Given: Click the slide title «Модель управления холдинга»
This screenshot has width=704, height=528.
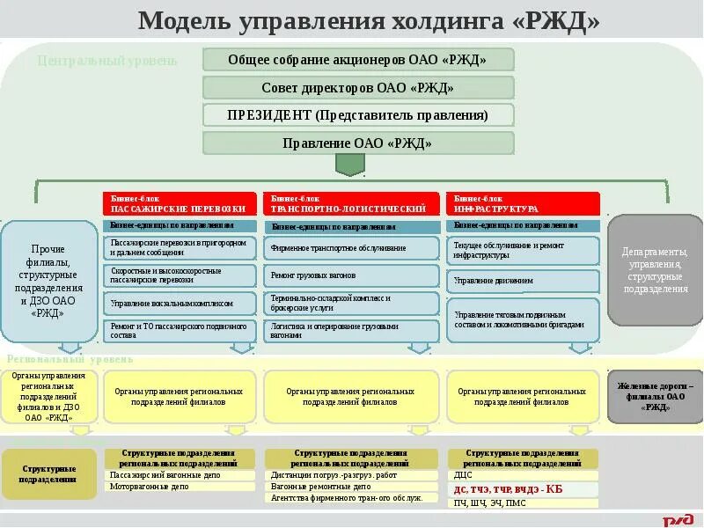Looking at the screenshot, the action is pos(369,20).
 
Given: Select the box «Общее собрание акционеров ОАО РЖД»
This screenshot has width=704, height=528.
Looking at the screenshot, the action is pos(357,60).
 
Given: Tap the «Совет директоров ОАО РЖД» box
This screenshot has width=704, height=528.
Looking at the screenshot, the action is pos(357,87).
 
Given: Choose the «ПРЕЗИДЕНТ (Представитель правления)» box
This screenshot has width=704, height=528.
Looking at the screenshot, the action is pos(357,115).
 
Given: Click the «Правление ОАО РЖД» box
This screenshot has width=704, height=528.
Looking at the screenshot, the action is pos(357,143).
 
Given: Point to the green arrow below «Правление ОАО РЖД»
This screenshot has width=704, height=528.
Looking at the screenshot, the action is pos(351,165).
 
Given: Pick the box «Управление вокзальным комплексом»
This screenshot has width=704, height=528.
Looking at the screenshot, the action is pos(179,304).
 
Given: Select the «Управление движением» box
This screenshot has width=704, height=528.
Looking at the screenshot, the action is pos(523,282).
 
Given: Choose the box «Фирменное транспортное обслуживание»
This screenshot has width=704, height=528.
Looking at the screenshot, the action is pos(351,249).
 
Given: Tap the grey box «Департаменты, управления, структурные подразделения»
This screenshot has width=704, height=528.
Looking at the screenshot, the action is pos(655,270).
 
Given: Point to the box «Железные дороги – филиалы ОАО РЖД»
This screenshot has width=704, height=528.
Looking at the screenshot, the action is pos(655,397).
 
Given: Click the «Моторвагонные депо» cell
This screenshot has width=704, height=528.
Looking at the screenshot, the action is pos(179,486).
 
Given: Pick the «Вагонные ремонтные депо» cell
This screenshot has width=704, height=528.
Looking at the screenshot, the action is pos(351,486).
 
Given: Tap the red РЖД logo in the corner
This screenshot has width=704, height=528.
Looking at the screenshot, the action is pos(677,520).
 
